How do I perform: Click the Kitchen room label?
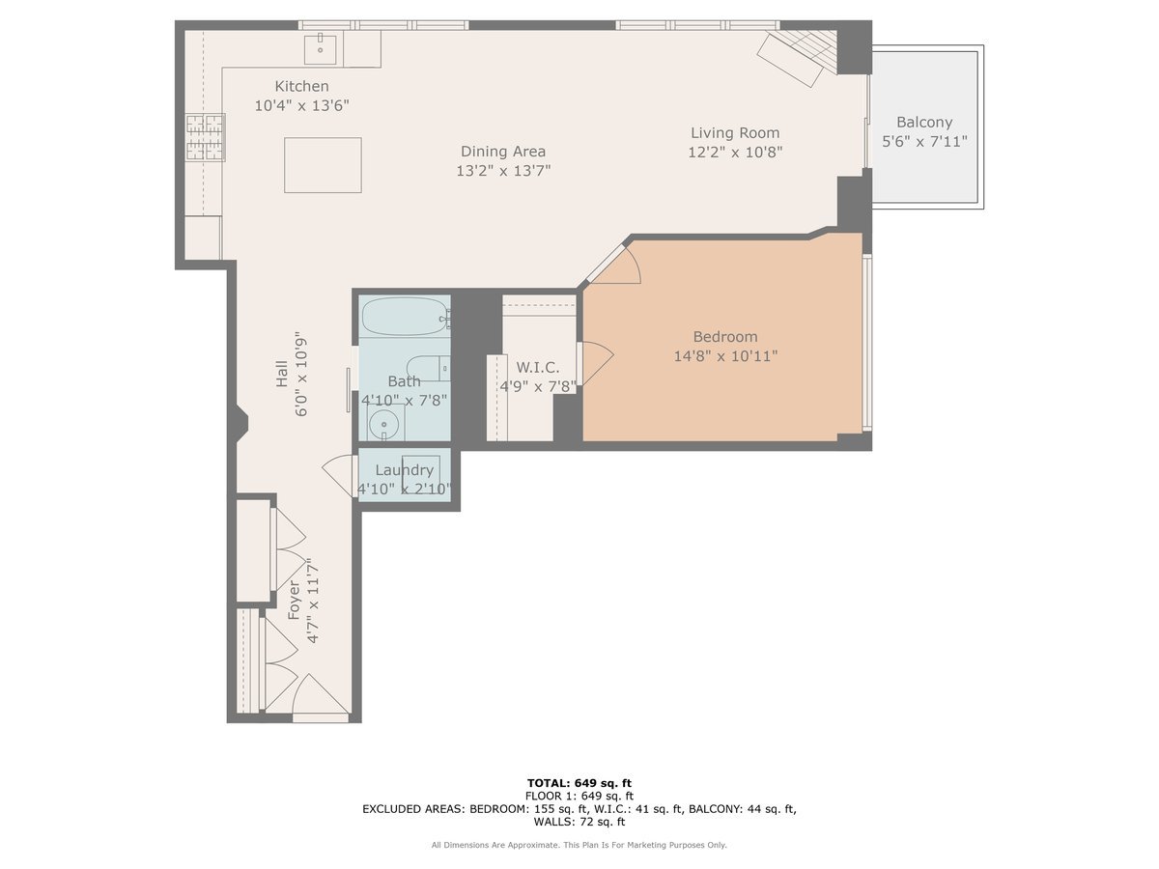tap(301, 86)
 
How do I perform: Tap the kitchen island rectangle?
tap(323, 165)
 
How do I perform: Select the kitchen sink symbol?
tap(320, 48)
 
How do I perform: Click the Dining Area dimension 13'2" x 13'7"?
tap(502, 171)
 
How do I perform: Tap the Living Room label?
tap(734, 132)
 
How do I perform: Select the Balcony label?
tap(924, 122)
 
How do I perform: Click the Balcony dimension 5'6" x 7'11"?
tap(924, 141)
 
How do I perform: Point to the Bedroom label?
tap(724, 336)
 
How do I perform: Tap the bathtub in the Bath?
tap(404, 316)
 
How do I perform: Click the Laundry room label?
tap(404, 470)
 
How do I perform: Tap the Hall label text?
tap(281, 374)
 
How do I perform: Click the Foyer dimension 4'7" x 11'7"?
tap(312, 601)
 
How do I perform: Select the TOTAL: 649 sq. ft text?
tap(579, 782)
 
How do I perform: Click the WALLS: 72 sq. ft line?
tap(579, 822)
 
